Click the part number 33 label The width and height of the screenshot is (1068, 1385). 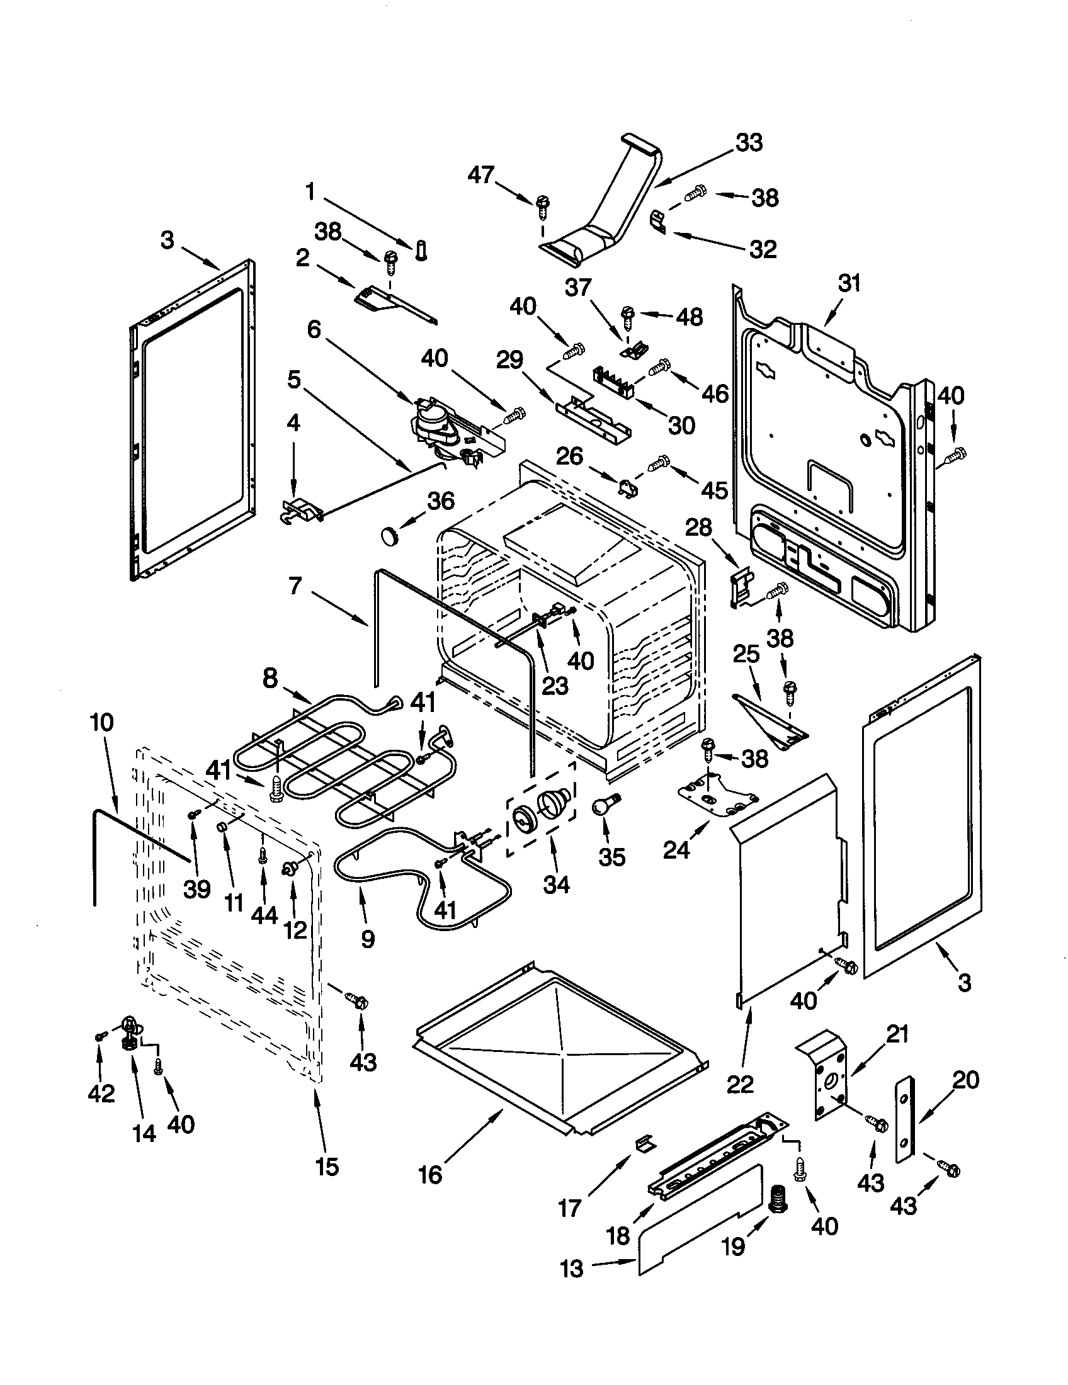pos(748,143)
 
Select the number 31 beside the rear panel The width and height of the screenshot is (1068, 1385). pos(849,283)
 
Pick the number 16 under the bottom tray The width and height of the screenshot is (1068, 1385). pos(430,1175)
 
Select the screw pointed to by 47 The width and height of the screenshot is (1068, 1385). pos(542,204)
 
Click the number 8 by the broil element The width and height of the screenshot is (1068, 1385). pos(271,679)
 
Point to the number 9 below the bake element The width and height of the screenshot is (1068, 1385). pos(368,939)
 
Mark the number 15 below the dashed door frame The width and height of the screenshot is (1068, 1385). pos(327,1166)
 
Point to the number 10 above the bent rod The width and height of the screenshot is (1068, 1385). pos(102,722)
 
